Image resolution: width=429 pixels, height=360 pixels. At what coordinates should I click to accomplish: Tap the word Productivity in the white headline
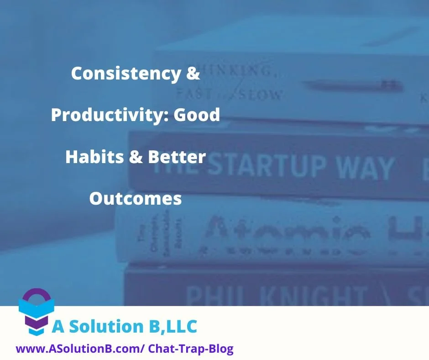108,115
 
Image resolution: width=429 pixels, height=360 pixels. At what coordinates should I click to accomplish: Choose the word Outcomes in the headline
136,199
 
